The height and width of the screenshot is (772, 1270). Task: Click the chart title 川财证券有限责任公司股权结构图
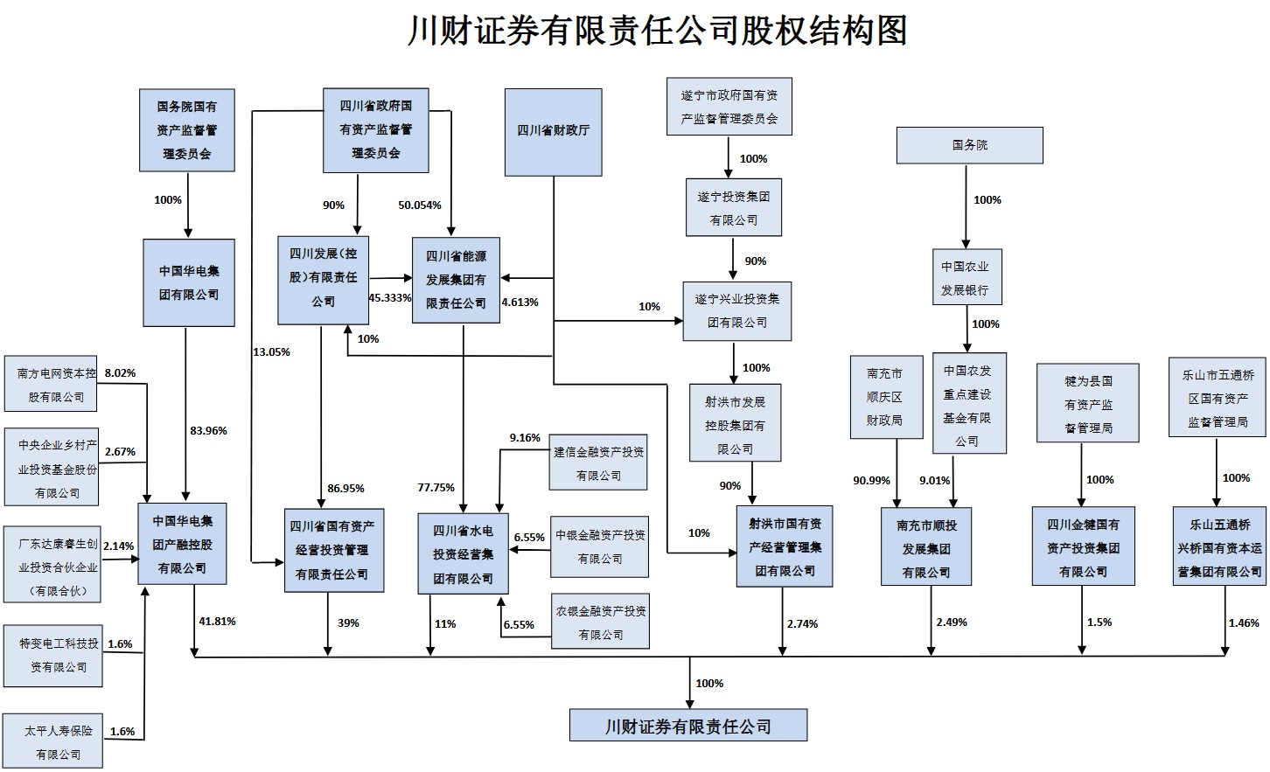(657, 31)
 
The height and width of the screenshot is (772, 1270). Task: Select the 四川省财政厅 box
(553, 132)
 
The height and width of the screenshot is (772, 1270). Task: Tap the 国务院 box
(969, 145)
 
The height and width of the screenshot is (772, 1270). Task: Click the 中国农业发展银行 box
(965, 277)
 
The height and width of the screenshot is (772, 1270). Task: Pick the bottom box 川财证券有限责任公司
(687, 726)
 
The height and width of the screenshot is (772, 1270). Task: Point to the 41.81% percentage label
(217, 622)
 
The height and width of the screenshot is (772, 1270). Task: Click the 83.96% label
(208, 430)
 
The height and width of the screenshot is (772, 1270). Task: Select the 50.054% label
(420, 205)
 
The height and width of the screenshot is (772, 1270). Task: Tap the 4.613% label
(520, 302)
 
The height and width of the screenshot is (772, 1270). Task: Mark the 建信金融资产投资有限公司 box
(598, 463)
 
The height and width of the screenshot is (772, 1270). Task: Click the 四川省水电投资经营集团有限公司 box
(463, 554)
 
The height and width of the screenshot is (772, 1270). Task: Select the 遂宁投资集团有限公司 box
(733, 208)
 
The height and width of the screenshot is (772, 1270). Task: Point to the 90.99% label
(871, 480)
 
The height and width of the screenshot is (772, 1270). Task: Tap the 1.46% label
(1243, 623)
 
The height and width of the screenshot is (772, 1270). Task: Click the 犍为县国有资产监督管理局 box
(1088, 404)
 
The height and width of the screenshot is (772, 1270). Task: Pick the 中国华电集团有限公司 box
(189, 282)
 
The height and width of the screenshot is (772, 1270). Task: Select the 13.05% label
(271, 351)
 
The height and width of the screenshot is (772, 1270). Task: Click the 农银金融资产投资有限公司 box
(600, 622)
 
